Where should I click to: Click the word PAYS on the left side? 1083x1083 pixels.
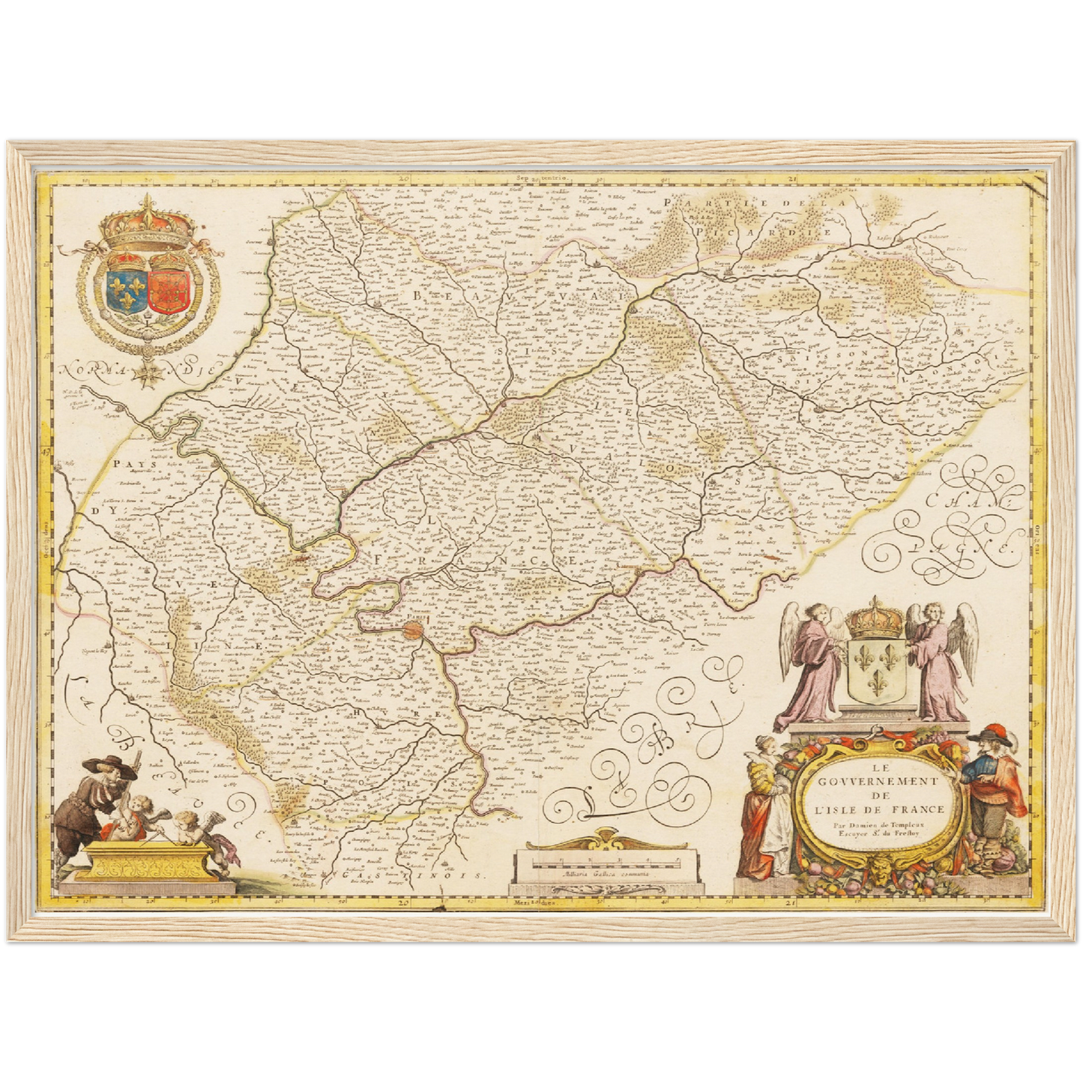click(x=130, y=465)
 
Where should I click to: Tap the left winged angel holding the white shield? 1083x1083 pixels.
click(x=812, y=658)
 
